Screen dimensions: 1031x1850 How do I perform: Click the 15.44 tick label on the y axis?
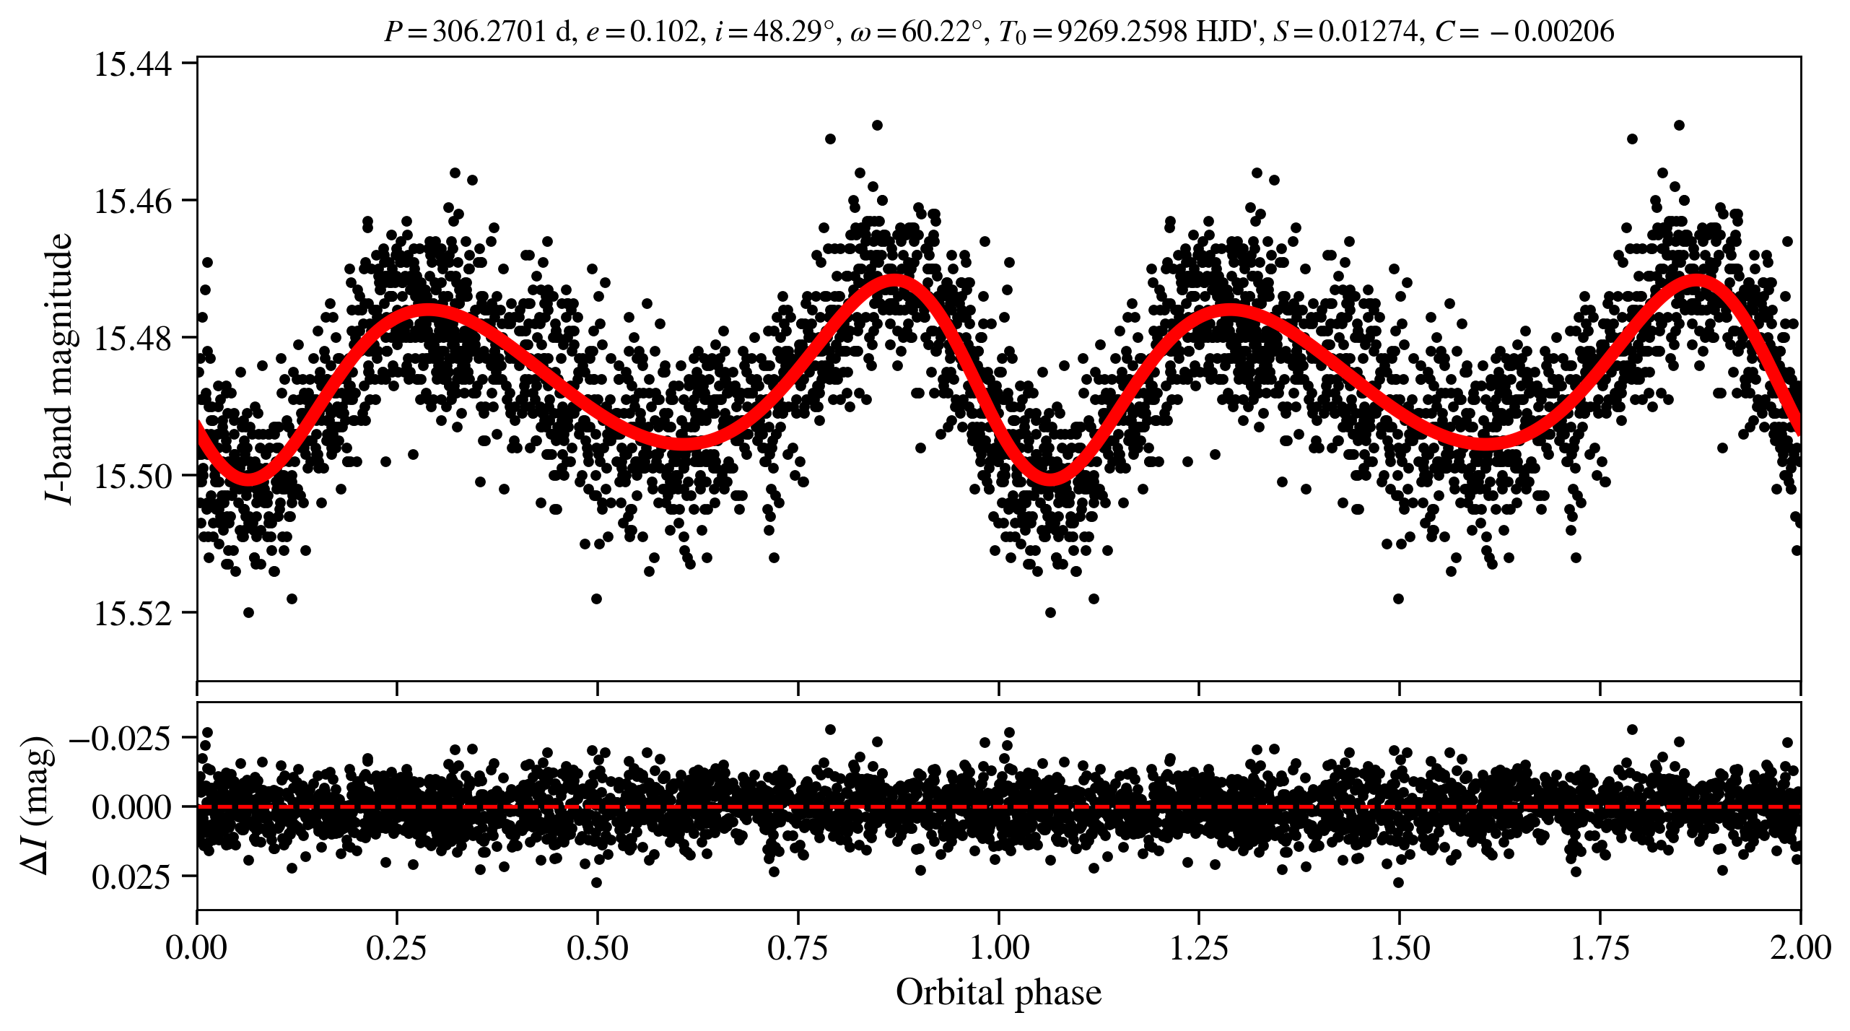pos(134,64)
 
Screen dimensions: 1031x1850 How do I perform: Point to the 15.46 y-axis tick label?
pos(134,201)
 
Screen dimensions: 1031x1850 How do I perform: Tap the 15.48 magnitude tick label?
pos(134,338)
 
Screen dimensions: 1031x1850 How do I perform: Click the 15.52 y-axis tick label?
pos(134,613)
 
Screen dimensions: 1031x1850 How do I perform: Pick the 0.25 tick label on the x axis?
pos(396,947)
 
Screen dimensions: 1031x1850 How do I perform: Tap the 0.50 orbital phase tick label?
pos(597,947)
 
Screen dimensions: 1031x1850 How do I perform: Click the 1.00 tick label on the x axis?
pos(998,947)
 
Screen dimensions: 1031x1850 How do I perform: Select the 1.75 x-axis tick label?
pos(1600,947)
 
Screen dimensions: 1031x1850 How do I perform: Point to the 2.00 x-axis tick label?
pos(1800,947)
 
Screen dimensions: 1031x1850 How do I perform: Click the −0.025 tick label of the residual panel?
pos(120,739)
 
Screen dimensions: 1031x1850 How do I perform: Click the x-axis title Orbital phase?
pos(998,992)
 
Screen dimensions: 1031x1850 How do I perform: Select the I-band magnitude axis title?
pos(59,368)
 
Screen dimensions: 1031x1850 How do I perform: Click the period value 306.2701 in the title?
pos(489,32)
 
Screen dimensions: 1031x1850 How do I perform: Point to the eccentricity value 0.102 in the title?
pos(665,32)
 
